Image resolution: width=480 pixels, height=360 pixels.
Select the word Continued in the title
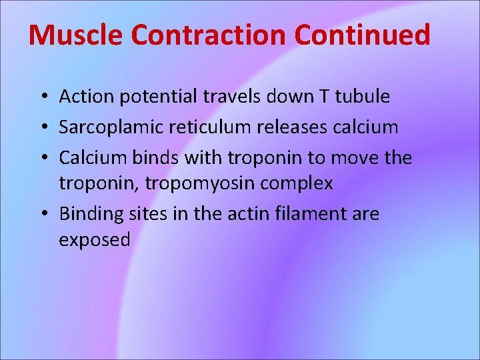[x=363, y=35]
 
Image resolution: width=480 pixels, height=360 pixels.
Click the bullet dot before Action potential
[x=42, y=97]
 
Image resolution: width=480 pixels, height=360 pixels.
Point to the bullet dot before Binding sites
[x=42, y=215]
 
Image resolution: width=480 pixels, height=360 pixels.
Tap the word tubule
[x=362, y=97]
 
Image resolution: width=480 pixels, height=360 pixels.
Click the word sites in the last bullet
[x=152, y=214]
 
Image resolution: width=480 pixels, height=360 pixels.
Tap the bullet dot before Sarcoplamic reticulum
[x=42, y=127]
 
